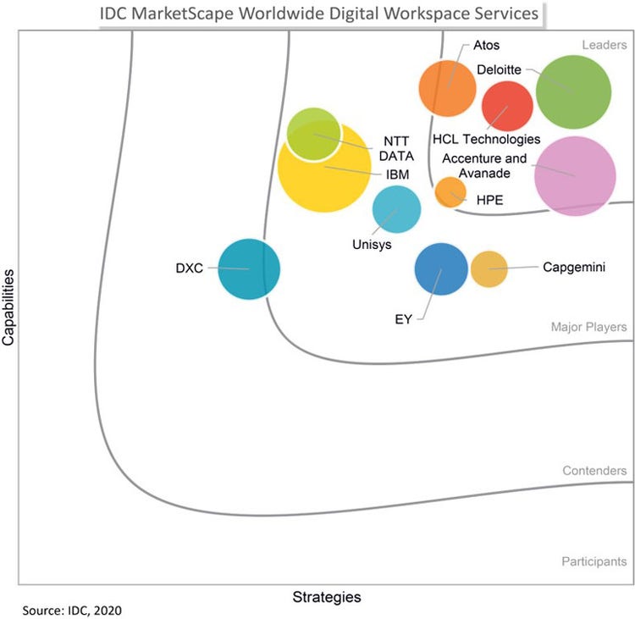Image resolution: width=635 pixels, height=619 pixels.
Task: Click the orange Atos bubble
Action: point(448,88)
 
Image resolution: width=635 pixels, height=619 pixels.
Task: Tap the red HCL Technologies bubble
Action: point(507,106)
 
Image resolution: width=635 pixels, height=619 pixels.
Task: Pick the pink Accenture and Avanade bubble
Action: point(575,175)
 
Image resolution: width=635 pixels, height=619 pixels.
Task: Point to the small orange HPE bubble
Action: point(450,192)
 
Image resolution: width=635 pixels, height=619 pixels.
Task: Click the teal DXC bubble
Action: point(249,269)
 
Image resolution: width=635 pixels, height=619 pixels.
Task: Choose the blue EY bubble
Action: point(441,269)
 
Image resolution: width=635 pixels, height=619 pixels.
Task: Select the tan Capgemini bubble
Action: point(489,269)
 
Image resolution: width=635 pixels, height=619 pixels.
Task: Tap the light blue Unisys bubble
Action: point(397,209)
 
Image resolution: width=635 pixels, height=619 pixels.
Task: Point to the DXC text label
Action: point(190,268)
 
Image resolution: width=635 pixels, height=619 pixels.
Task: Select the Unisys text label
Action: point(372,245)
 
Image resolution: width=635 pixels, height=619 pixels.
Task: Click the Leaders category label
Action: point(604,44)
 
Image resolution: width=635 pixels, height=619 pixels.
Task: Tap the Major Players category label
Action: point(588,327)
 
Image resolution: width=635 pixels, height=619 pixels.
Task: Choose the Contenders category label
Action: point(594,471)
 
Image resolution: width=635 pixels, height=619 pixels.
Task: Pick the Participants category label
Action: point(594,561)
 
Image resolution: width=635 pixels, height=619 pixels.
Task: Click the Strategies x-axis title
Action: point(327,597)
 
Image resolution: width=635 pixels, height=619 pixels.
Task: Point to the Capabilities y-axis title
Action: point(9,307)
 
